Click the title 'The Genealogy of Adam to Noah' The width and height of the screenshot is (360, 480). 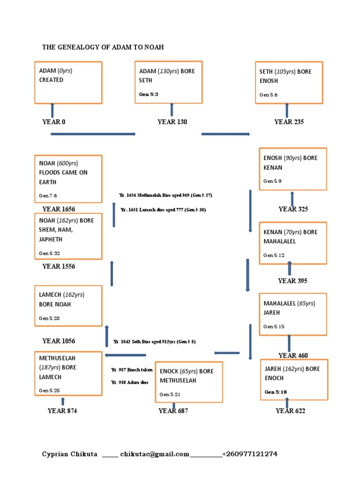point(103,47)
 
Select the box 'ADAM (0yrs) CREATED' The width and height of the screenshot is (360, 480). point(68,82)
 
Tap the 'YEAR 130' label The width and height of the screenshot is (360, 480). point(172,122)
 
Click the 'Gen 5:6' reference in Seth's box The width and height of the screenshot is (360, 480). point(269,95)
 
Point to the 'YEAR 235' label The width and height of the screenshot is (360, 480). point(289,122)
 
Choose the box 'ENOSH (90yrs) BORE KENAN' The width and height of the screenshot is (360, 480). point(293,169)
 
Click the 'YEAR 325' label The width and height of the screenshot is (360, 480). point(293,209)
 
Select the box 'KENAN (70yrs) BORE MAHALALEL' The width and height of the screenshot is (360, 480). point(293,243)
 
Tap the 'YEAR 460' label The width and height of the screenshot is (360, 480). point(293,355)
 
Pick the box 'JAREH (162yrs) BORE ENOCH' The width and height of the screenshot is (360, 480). point(294,380)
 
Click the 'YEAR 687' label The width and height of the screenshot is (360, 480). point(173,411)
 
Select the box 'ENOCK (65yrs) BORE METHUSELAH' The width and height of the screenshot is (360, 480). point(189,382)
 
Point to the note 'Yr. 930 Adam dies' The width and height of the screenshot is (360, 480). point(129,382)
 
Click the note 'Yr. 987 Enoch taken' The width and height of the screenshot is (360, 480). point(132,370)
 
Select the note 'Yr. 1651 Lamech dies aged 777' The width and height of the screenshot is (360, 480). point(163,210)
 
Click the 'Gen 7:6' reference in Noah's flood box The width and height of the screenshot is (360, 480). point(48,195)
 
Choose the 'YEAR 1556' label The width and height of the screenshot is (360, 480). point(59,266)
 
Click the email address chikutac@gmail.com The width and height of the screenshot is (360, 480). point(155,454)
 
